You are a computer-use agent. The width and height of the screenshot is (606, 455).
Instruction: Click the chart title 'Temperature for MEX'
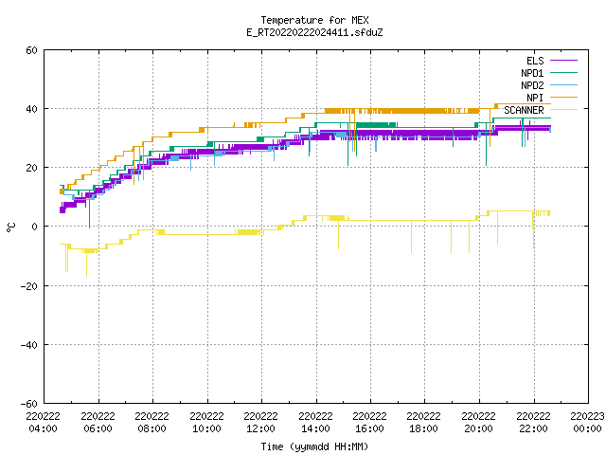pos(314,20)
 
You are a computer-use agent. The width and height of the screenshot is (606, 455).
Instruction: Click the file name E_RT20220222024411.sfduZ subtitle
pos(314,32)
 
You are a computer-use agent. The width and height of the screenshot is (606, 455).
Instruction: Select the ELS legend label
pos(535,61)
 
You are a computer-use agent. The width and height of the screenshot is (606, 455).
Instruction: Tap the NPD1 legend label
pos(532,73)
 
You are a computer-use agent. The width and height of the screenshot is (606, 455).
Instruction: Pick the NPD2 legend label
pos(532,85)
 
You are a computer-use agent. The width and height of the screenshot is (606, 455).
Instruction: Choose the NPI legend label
pos(535,98)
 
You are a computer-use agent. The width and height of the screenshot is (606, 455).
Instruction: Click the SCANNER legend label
pos(524,110)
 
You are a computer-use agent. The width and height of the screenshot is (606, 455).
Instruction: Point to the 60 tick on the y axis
pos(31,50)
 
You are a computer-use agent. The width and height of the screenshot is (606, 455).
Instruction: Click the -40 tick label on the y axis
pos(29,345)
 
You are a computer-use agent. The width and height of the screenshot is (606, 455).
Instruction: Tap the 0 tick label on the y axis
pos(35,227)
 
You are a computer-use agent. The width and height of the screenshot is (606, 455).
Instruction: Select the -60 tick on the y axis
pos(29,404)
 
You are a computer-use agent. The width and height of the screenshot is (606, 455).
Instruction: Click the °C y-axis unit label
pos(10,227)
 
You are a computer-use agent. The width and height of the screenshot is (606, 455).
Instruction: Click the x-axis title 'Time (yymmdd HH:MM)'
pos(314,446)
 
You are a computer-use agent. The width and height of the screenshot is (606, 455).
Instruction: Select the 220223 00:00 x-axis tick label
pos(587,423)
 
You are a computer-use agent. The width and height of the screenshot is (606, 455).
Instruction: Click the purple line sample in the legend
pos(564,61)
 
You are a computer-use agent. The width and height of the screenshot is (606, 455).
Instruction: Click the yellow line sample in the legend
pos(564,110)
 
